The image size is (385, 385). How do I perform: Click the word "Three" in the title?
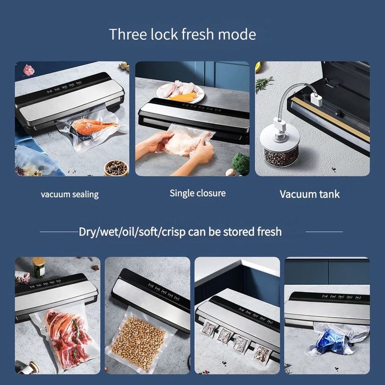(128, 34)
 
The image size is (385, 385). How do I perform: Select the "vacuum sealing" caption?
(69, 195)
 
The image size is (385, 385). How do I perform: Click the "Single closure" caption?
(198, 193)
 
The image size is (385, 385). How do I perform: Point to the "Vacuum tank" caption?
(310, 194)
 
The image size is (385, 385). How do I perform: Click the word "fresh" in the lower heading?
(269, 232)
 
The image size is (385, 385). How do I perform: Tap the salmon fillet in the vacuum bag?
(93, 127)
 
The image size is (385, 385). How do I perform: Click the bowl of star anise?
(116, 168)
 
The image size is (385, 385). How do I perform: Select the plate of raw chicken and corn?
(180, 92)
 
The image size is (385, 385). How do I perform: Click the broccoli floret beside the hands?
(241, 163)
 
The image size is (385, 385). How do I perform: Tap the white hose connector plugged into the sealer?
(316, 99)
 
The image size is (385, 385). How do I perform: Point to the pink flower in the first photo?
(29, 70)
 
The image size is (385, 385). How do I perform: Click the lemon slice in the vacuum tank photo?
(257, 67)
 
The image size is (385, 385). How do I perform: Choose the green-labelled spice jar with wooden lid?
(39, 267)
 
